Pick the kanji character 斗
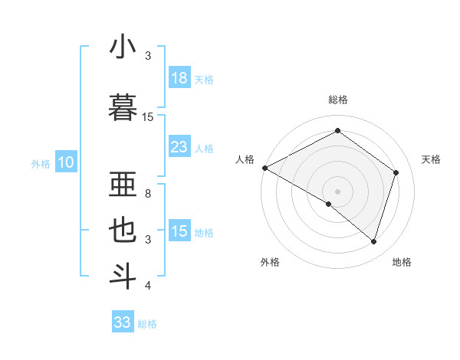pyautogui.click(x=123, y=276)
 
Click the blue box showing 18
pyautogui.click(x=179, y=77)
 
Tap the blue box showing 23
pyautogui.click(x=179, y=147)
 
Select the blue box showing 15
pyautogui.click(x=179, y=231)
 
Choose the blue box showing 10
pyautogui.click(x=65, y=162)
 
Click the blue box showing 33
pyautogui.click(x=123, y=322)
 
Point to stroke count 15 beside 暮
pyautogui.click(x=148, y=117)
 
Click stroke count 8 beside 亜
pyautogui.click(x=148, y=194)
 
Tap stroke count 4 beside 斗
pyautogui.click(x=148, y=286)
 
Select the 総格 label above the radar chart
pyautogui.click(x=337, y=100)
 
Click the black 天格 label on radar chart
pyautogui.click(x=432, y=159)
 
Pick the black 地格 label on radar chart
pyautogui.click(x=402, y=262)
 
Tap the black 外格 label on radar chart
pyautogui.click(x=270, y=262)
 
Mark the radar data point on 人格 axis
pyautogui.click(x=264, y=168)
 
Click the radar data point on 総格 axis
pyautogui.click(x=337, y=131)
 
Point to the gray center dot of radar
pyautogui.click(x=337, y=191)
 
